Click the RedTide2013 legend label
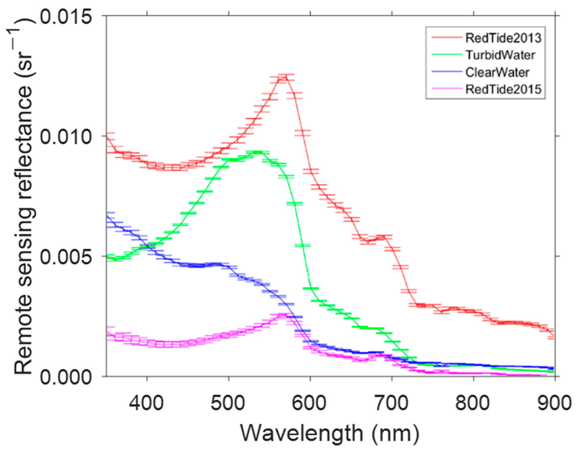point(503,38)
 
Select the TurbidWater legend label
point(500,55)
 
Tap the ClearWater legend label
point(497,72)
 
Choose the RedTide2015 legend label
point(503,89)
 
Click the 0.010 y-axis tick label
point(66,137)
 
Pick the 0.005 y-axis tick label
point(66,257)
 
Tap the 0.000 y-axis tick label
point(66,377)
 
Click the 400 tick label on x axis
point(147,403)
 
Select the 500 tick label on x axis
point(228,403)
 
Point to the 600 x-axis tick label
point(310,403)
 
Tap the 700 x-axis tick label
point(391,403)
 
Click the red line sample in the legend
point(446,38)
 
